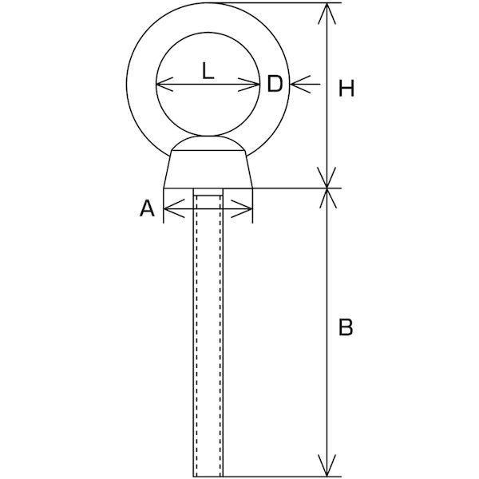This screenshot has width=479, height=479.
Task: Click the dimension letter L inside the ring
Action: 207,72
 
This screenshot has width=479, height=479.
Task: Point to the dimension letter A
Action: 147,210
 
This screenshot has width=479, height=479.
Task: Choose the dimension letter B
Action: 345,327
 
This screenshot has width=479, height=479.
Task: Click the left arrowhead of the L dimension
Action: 162,85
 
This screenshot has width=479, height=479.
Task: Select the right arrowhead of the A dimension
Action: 246,212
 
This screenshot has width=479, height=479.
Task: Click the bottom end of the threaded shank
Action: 209,473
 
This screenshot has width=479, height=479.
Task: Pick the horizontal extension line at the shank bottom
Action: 279,476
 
